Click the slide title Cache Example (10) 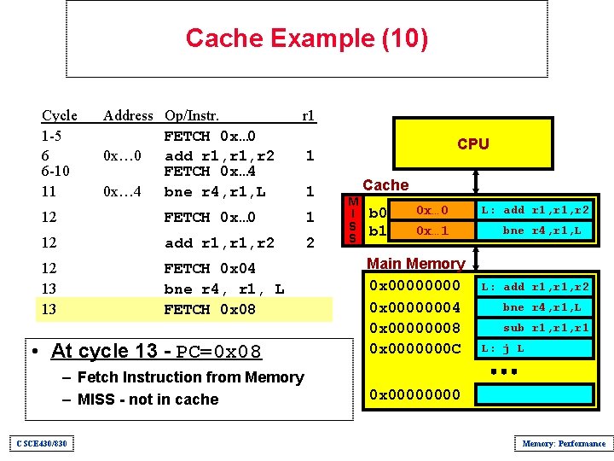point(306,38)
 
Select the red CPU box point(472,144)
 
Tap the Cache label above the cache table point(385,184)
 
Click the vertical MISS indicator point(351,220)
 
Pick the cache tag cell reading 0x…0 point(432,210)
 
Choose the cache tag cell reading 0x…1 point(432,231)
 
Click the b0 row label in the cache point(377,212)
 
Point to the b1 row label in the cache point(377,231)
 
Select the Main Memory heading point(415,264)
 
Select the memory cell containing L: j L point(534,348)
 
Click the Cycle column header point(60,115)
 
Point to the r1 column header point(309,115)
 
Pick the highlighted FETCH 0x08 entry point(209,309)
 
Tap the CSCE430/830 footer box point(43,443)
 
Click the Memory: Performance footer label point(564,443)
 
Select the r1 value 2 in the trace point(310,242)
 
